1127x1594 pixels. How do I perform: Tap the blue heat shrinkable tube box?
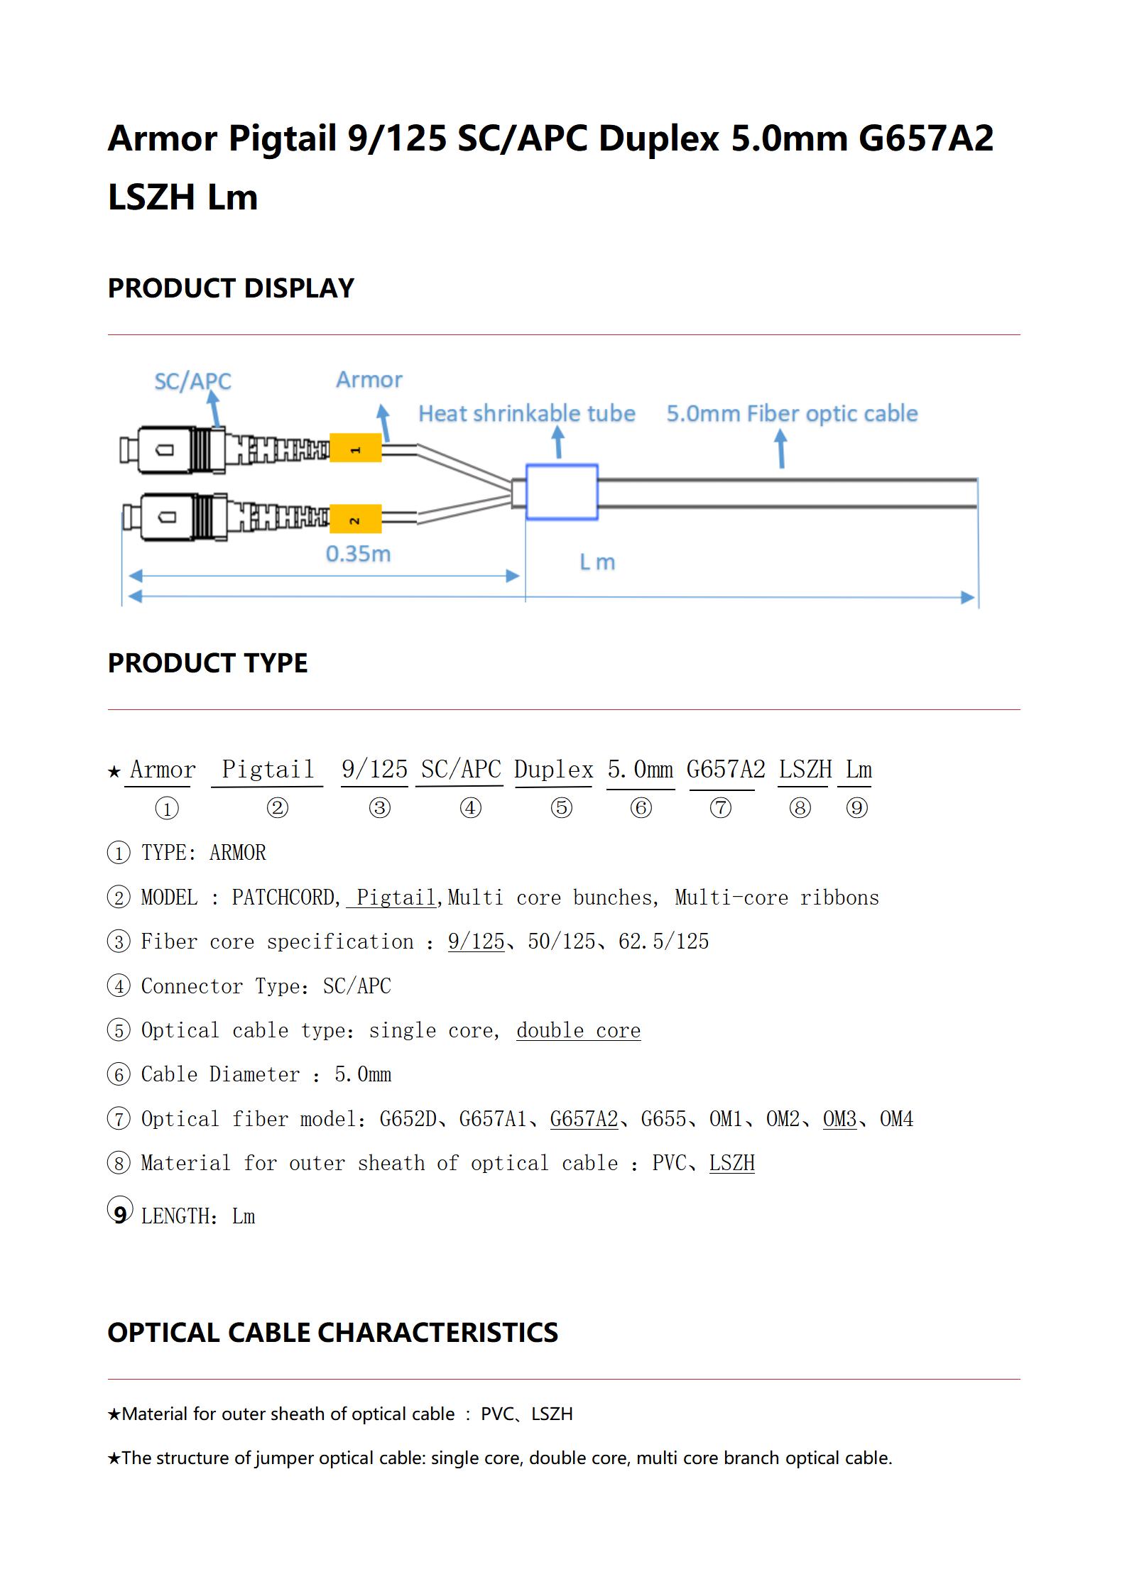[x=562, y=491]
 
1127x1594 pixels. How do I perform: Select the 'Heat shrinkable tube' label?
[x=526, y=413]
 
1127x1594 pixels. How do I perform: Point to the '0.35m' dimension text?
[x=358, y=554]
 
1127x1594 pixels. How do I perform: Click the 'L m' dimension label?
[x=597, y=562]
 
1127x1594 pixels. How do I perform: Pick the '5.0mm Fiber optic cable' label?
[x=792, y=413]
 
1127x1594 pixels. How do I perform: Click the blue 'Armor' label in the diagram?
[x=369, y=380]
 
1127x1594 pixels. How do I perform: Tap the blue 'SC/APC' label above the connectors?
[x=192, y=381]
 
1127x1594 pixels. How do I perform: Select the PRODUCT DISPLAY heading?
[x=231, y=288]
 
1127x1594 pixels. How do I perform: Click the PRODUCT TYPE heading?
[x=207, y=663]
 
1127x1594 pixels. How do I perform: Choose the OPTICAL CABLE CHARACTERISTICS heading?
[x=332, y=1333]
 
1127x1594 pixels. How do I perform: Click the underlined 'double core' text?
[x=578, y=1030]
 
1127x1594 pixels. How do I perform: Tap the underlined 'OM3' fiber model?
[x=839, y=1119]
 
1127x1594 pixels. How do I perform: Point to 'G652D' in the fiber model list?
[x=408, y=1119]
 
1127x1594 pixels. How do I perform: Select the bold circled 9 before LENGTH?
[x=120, y=1212]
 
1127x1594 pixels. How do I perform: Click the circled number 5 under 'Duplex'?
[x=561, y=808]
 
